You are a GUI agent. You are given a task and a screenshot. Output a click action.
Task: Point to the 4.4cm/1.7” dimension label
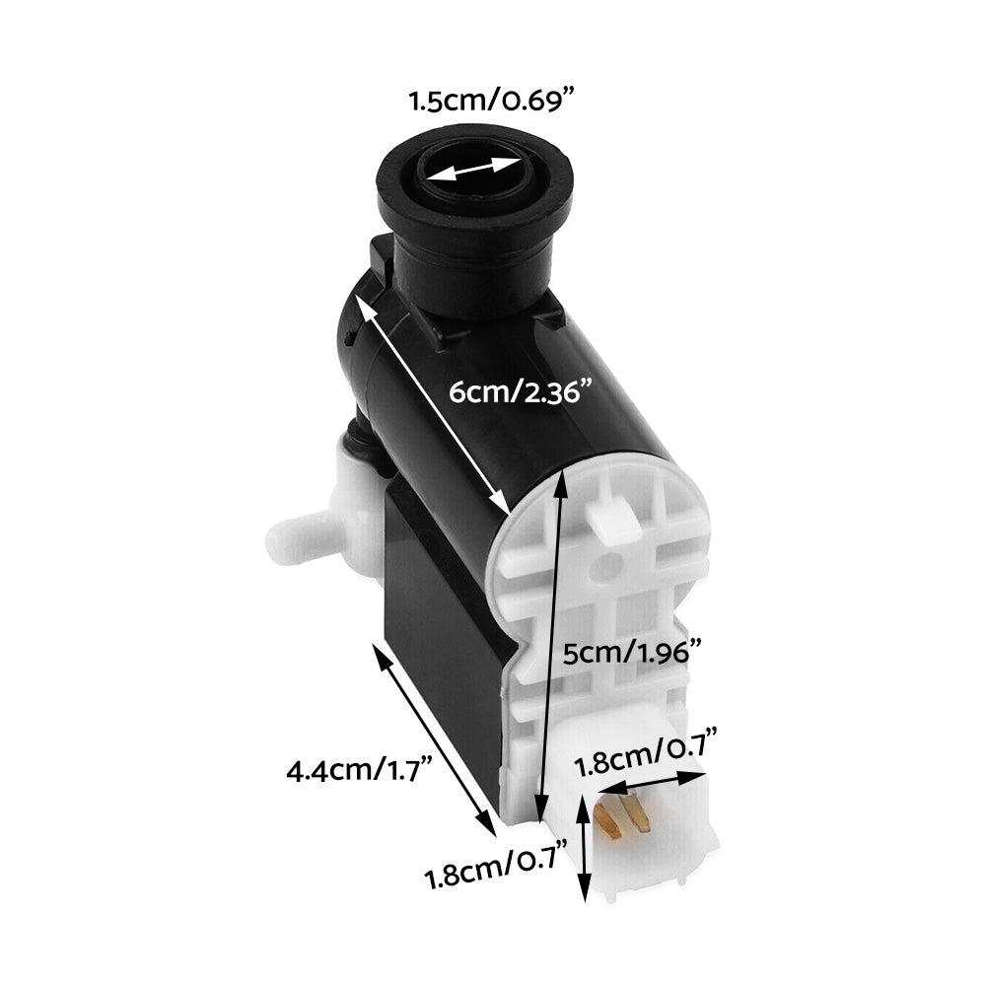click(358, 770)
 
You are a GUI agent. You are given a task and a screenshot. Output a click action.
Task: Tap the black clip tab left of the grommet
click(379, 261)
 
